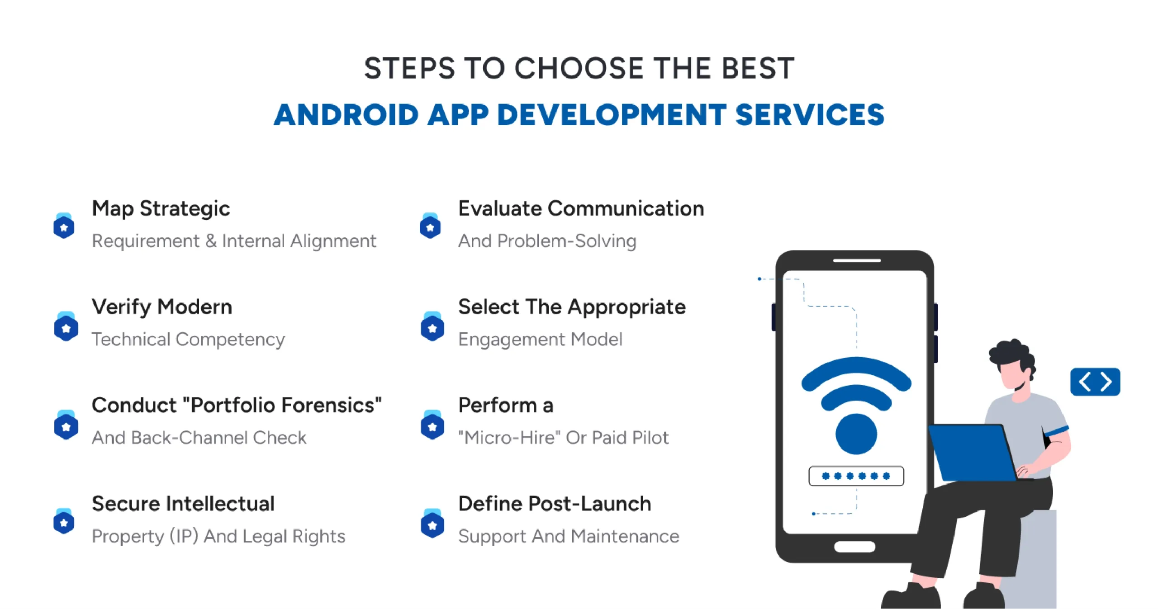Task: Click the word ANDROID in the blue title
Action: pos(346,115)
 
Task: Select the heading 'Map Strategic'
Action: pos(161,208)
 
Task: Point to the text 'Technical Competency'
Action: pos(188,339)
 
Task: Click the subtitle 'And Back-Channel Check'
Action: pos(199,438)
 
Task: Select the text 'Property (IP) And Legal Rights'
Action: pos(218,536)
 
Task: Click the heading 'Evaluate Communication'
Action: pos(581,208)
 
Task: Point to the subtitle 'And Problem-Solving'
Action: pos(547,241)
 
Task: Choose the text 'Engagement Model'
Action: pos(540,339)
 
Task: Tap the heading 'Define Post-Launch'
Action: pos(555,504)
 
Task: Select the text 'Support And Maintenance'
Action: pos(569,536)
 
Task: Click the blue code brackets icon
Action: pos(1095,382)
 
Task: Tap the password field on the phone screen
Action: pos(856,476)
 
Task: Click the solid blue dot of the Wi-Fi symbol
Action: pos(856,434)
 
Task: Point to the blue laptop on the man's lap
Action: pos(973,452)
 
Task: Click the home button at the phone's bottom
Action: pos(854,547)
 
